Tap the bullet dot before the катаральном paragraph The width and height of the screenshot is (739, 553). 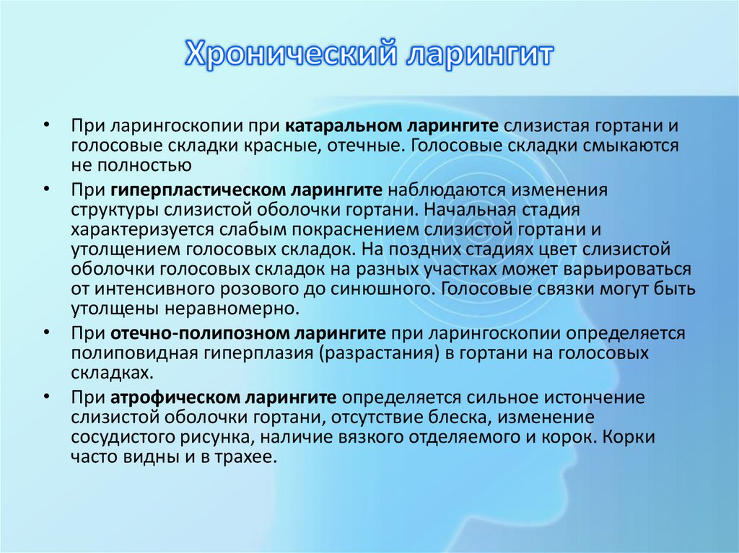[x=46, y=124]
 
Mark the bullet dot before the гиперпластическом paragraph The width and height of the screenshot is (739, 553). [x=46, y=189]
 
